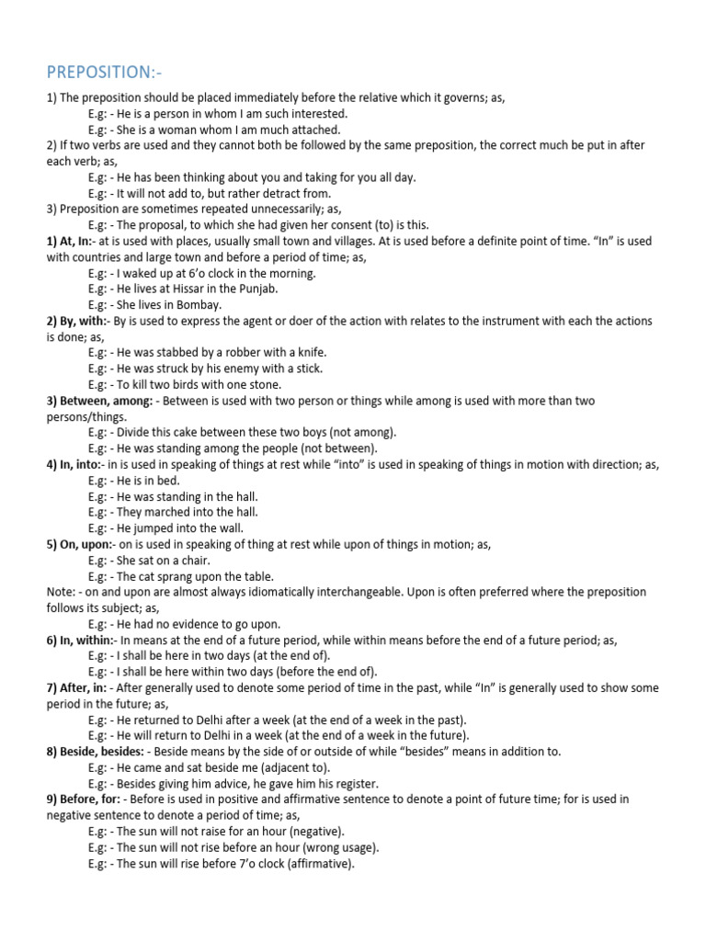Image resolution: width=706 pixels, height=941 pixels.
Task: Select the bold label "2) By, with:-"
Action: pyautogui.click(x=78, y=321)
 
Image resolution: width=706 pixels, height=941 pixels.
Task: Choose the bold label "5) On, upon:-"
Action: pyautogui.click(x=80, y=545)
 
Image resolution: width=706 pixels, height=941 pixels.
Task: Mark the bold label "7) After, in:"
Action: pyautogui.click(x=77, y=687)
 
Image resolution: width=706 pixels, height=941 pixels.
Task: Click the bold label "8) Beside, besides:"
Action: pyautogui.click(x=95, y=752)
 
